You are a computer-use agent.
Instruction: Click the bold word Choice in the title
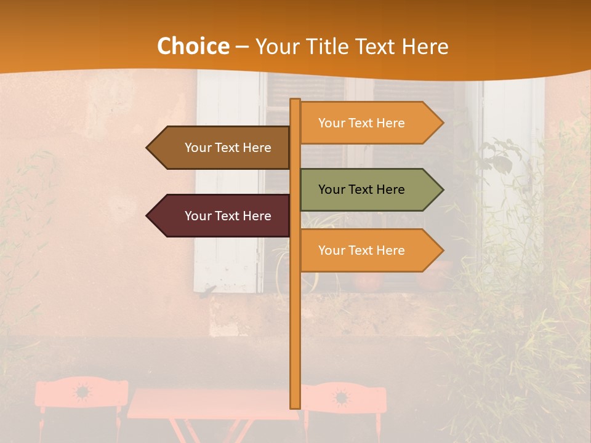point(193,47)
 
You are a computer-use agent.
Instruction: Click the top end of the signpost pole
point(295,101)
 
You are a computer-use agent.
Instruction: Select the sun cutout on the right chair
point(340,397)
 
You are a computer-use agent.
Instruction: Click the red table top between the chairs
point(209,403)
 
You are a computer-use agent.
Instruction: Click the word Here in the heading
point(425,47)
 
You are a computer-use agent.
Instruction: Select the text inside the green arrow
point(361,190)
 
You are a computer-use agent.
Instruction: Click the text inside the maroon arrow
point(228,216)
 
